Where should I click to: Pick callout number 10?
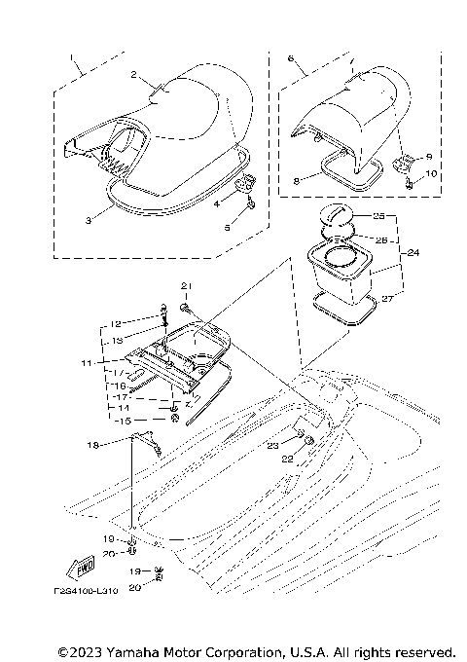(433, 175)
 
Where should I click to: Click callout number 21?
(182, 283)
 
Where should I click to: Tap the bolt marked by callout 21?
(184, 306)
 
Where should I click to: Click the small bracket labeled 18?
(146, 440)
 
